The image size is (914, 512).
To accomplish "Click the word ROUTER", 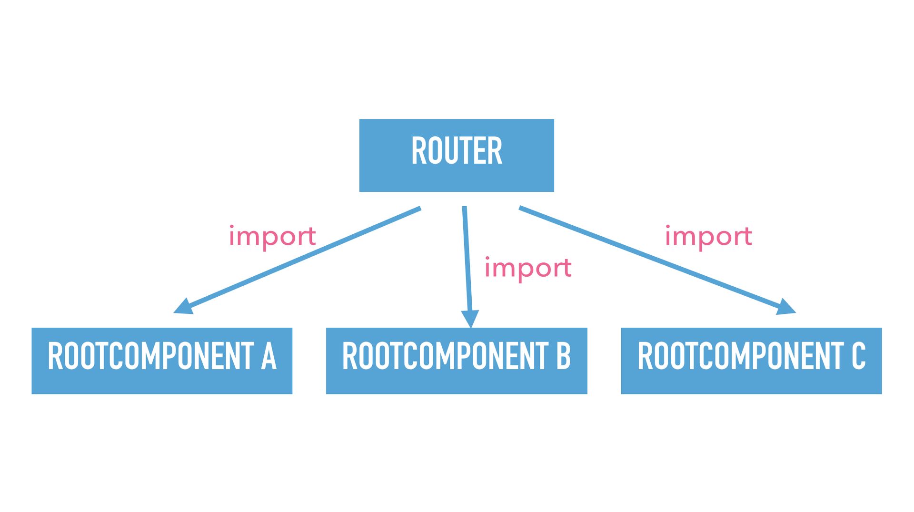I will coord(456,151).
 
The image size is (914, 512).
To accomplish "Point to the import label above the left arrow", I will coord(272,237).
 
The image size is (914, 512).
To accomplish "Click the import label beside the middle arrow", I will coord(527,268).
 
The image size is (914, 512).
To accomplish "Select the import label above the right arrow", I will coord(708,237).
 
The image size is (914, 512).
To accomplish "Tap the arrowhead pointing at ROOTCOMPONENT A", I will coord(183,307).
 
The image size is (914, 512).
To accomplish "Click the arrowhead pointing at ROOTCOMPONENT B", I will coord(470,318).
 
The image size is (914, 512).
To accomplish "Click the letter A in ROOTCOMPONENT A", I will coord(268,356).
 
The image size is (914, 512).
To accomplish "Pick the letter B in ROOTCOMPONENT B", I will coord(563,356).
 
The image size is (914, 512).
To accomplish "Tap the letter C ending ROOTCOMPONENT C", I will coord(858,356).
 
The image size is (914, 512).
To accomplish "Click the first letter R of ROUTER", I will coord(418,151).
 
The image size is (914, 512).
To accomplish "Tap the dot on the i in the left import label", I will coord(232,227).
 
